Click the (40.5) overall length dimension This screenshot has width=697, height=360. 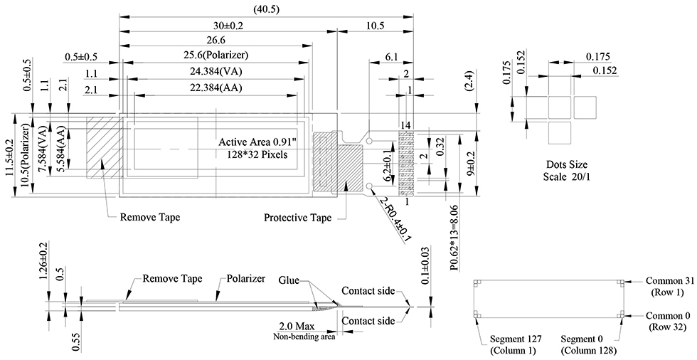[x=266, y=9]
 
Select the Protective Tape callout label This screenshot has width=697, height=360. [x=297, y=218]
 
